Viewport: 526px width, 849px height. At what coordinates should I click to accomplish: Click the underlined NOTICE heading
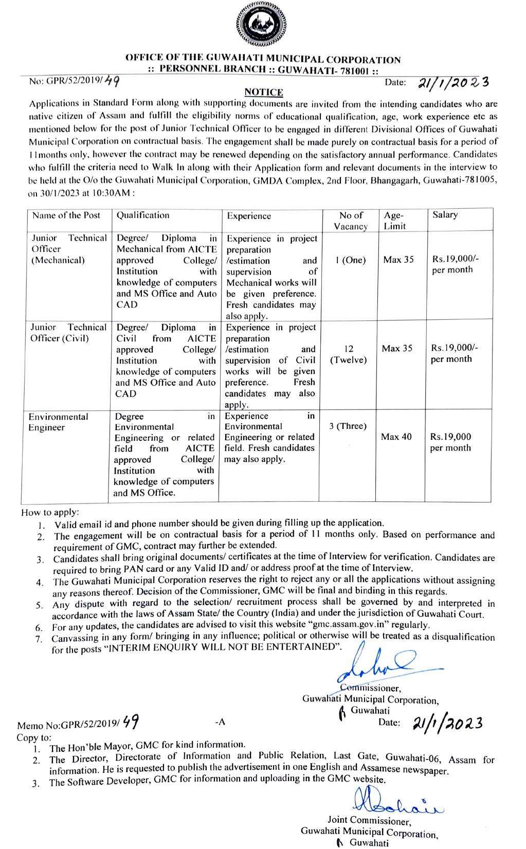[x=264, y=92]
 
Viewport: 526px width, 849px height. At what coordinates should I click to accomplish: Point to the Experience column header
[x=249, y=216]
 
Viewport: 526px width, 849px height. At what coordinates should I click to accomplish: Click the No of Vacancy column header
[x=351, y=221]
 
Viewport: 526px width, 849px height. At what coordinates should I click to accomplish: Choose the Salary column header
[x=445, y=215]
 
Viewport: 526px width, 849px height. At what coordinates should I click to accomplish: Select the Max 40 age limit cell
[x=396, y=437]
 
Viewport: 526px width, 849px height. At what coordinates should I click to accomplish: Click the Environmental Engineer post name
[x=58, y=422]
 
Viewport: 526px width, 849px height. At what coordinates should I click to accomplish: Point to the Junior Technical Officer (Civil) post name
[x=67, y=333]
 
